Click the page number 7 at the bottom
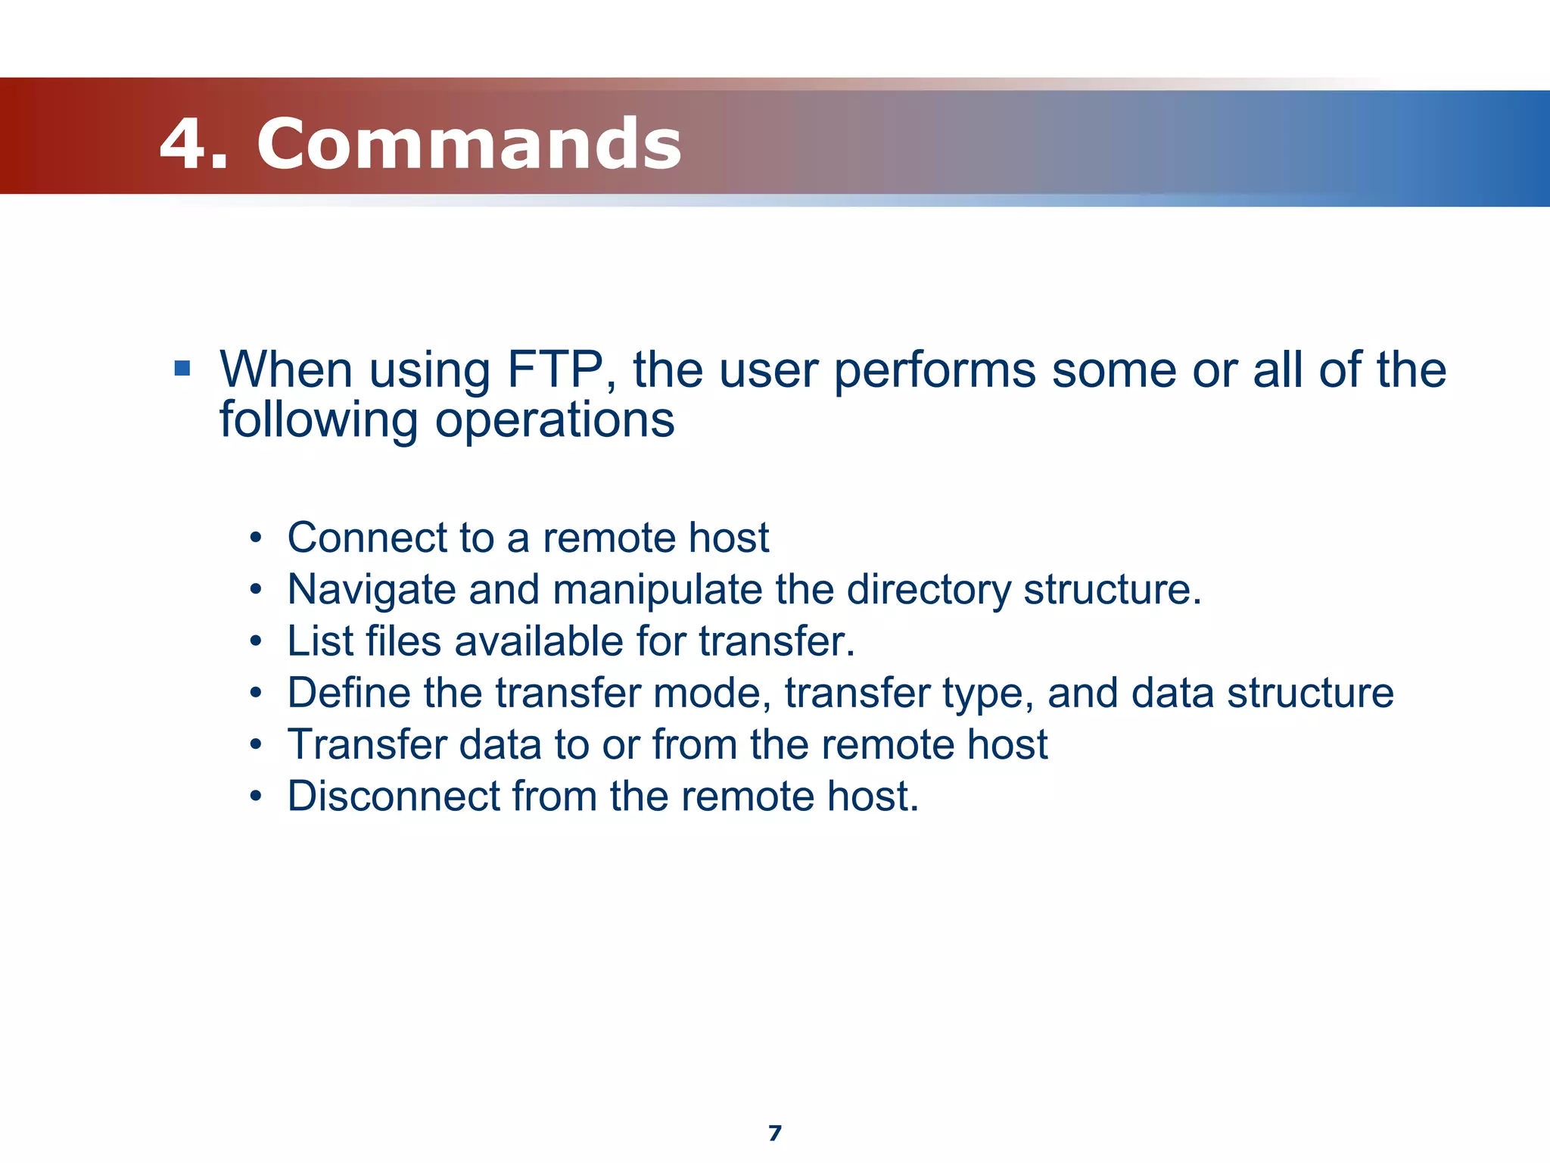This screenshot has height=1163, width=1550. click(x=774, y=1133)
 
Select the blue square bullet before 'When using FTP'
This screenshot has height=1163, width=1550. click(x=182, y=369)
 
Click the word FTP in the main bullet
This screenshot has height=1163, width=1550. click(x=555, y=370)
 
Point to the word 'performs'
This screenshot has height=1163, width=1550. click(x=935, y=372)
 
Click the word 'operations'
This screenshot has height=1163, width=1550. click(x=555, y=421)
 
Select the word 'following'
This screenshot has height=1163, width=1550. click(x=319, y=421)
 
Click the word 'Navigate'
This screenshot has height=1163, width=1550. click(x=371, y=590)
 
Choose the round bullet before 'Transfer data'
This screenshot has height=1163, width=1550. click(x=257, y=745)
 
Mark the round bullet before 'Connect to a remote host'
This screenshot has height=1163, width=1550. click(x=257, y=538)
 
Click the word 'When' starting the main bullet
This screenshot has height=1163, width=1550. click(x=287, y=370)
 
